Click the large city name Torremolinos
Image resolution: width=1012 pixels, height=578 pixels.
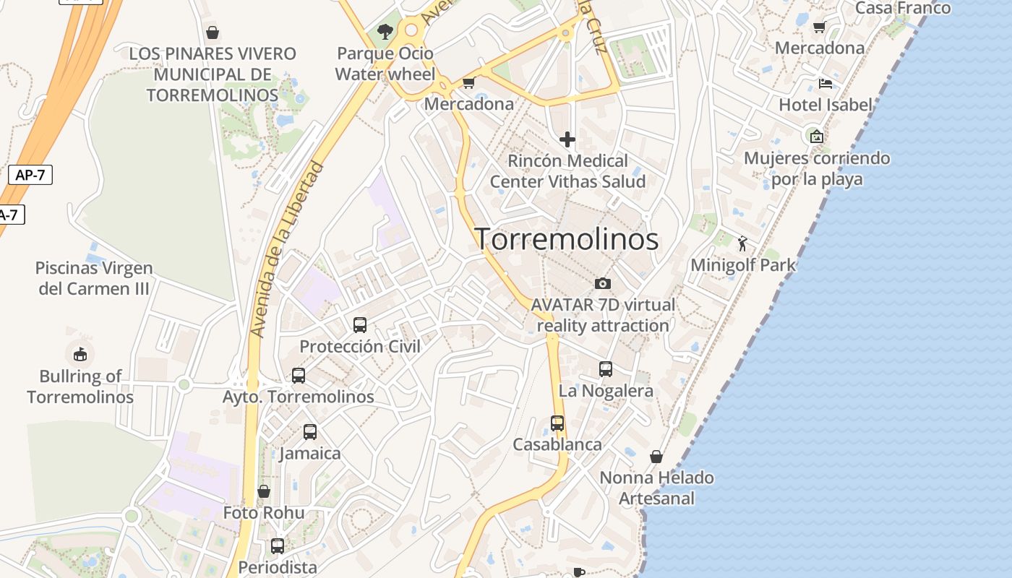[566, 239]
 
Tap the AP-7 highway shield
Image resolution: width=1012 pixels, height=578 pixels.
[30, 175]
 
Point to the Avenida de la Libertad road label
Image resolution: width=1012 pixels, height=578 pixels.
[287, 249]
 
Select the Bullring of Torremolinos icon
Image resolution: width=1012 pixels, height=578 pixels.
[80, 354]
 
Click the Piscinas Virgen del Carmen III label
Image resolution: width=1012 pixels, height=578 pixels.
[94, 278]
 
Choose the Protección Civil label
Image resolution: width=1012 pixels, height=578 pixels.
[360, 346]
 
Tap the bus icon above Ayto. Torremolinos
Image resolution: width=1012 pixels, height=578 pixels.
[298, 376]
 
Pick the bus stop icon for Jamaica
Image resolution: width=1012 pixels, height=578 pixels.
[310, 432]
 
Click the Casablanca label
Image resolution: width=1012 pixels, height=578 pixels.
[557, 444]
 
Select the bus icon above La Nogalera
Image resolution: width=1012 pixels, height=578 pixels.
[606, 369]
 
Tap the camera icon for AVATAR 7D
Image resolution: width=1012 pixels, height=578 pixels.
[603, 283]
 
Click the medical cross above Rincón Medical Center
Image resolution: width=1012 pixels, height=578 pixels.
[567, 139]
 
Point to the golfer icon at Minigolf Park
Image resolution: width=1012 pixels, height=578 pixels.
[742, 243]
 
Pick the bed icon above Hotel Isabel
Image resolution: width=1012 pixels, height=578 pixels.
[826, 84]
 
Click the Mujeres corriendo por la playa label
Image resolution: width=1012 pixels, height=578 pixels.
[817, 168]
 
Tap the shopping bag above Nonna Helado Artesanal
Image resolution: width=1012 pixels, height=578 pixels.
[656, 457]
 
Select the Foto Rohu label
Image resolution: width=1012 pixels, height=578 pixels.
[264, 513]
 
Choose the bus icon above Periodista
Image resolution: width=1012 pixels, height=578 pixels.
[278, 546]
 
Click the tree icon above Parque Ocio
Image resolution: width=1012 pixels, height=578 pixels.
[385, 32]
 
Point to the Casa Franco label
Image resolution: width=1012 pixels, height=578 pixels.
[903, 8]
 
